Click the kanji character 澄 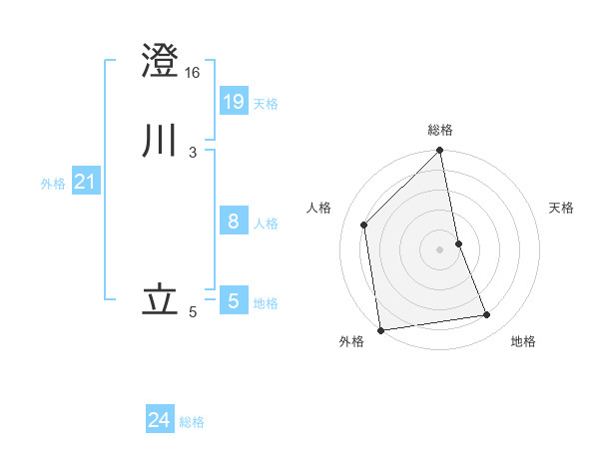161,61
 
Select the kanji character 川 161,141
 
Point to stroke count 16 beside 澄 193,73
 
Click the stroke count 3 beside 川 192,153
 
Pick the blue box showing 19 233,101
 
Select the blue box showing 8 233,221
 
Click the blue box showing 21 85,182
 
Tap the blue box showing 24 160,420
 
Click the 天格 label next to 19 266,104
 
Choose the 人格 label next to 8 266,224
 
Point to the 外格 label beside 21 53,184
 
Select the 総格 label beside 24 192,423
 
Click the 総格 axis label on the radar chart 440,130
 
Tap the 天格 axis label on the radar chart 562,208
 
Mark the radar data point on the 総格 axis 440,152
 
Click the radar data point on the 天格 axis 458,243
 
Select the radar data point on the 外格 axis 380,330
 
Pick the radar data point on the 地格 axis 487,315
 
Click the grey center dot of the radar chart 440,249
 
